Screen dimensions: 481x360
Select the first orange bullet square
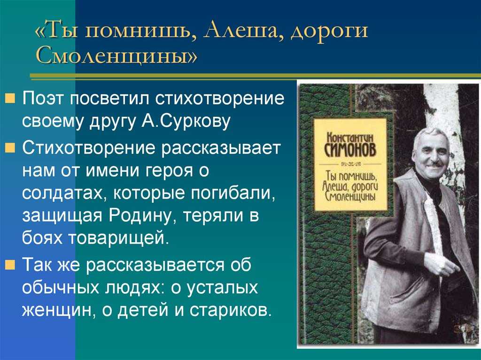pos(10,99)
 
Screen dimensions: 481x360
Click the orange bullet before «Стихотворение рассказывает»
pos(10,148)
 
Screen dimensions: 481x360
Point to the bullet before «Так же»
pos(10,265)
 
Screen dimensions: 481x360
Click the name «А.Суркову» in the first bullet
pos(186,121)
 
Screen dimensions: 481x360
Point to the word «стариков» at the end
pos(231,310)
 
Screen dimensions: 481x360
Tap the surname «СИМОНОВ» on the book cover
pos(350,150)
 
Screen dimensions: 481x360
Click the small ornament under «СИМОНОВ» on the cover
pos(350,164)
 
